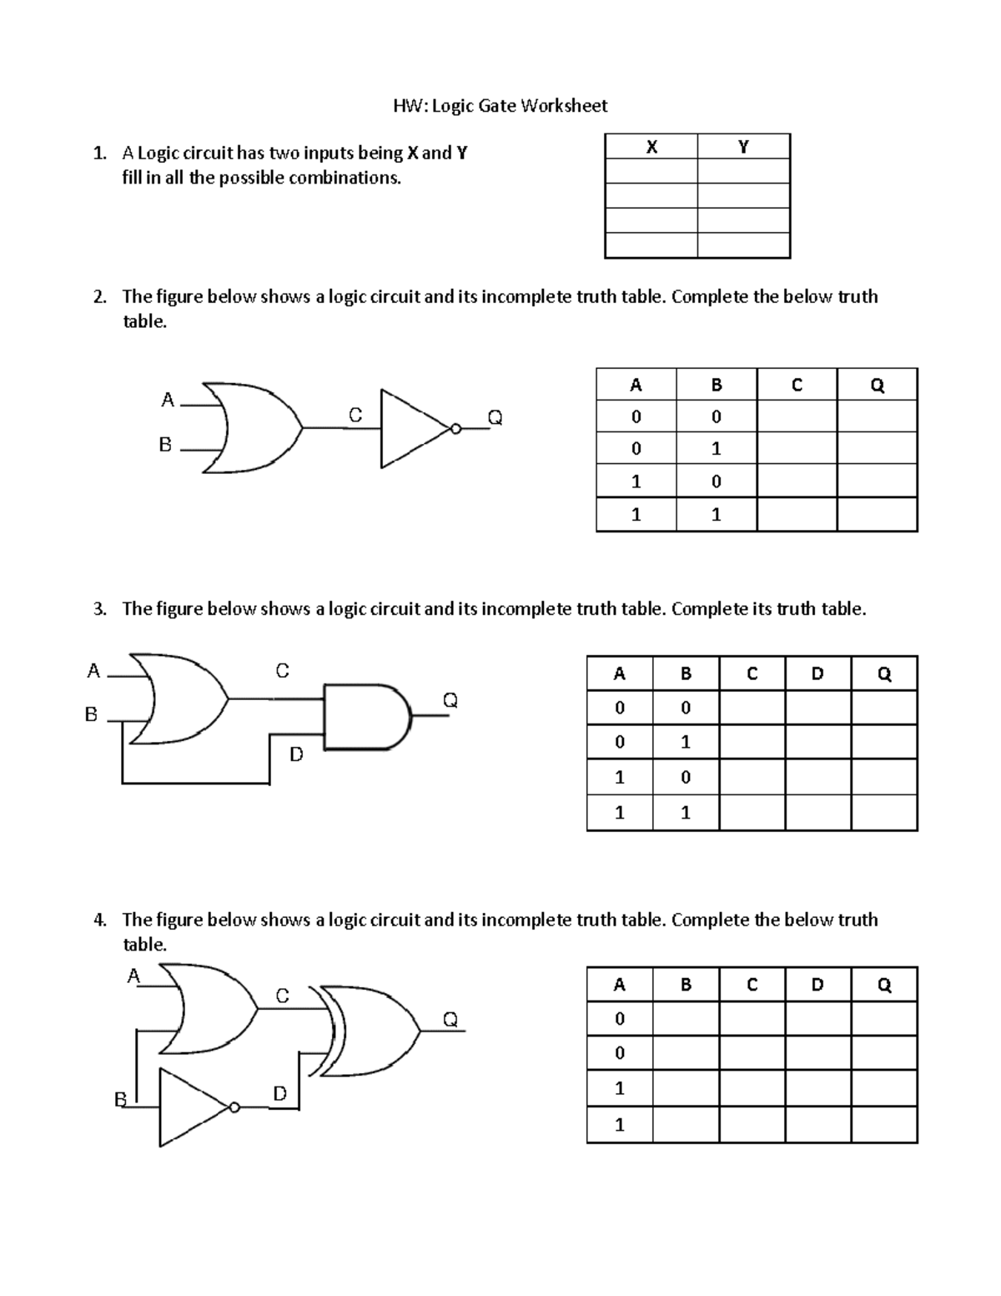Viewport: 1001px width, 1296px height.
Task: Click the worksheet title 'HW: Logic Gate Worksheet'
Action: click(500, 106)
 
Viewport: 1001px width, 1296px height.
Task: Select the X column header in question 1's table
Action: click(651, 147)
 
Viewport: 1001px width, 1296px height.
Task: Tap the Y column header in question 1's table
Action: click(743, 147)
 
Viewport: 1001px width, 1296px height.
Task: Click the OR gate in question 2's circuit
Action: click(250, 427)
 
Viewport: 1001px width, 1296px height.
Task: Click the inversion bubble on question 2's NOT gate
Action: click(455, 429)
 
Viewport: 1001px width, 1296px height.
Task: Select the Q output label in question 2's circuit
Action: click(495, 416)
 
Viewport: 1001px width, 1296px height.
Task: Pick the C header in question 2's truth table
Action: click(797, 385)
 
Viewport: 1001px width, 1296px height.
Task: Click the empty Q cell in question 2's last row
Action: click(877, 515)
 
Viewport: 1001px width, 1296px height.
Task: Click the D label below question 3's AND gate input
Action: click(296, 754)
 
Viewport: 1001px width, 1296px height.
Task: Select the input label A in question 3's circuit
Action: click(93, 670)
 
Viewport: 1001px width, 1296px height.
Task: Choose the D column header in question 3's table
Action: click(817, 673)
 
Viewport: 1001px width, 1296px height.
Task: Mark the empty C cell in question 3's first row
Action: click(752, 708)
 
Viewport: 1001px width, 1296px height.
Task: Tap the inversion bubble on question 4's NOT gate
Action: click(234, 1107)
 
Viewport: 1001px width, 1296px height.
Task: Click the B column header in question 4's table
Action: click(686, 985)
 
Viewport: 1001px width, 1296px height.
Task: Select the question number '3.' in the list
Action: click(100, 609)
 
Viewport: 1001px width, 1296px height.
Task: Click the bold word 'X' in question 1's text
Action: click(412, 153)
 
